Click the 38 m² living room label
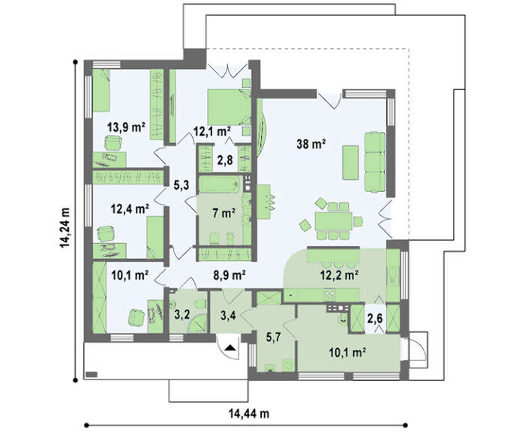coord(311,144)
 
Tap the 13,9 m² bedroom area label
coord(126,127)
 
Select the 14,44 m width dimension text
coord(249,413)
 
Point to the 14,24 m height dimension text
coord(64,228)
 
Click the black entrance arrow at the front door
coord(230,347)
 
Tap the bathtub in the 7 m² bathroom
coord(220,184)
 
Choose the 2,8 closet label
coord(225,160)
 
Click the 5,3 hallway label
coord(181,184)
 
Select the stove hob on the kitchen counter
coord(330,295)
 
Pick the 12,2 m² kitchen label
coord(340,275)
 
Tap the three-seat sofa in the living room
coord(375,162)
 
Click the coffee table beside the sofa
coord(350,162)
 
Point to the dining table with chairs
coord(333,221)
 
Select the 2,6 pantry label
coord(375,319)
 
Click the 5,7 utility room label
coord(273,337)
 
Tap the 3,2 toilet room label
coord(182,314)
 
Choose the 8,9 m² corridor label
coord(229,275)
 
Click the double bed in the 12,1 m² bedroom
coord(229,107)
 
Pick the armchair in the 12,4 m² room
coord(106,233)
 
